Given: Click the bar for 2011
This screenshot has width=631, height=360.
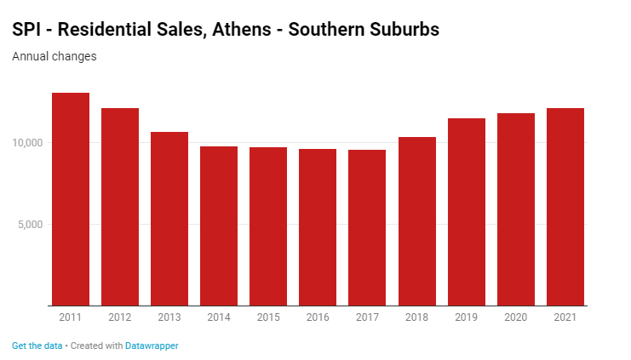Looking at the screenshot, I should coord(71,199).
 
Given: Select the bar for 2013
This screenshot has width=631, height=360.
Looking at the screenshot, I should coord(169,219).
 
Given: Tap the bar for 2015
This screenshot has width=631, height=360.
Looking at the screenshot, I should coord(268,226).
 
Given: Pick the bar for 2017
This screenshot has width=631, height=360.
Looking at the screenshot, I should coord(367,227).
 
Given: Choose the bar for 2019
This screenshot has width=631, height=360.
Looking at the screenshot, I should coord(466,212).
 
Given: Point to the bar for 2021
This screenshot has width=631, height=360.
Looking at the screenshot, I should coord(565,207).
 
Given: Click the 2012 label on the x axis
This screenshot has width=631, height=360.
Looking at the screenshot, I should coord(120,317).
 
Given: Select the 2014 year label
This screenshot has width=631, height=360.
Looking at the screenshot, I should coord(219,317).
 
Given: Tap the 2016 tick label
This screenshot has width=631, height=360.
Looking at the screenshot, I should coord(318,317).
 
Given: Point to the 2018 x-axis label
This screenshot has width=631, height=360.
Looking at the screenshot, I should coord(416,317).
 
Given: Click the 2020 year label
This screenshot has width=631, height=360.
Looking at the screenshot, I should coord(515,317).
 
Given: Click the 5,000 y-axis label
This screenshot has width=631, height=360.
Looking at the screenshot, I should coord(32,225).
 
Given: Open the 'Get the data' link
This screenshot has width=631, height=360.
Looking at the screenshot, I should coord(37,346).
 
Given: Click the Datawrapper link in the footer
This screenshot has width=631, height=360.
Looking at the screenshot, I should coord(152,346).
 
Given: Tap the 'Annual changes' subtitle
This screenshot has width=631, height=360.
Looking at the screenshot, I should coord(54,57).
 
